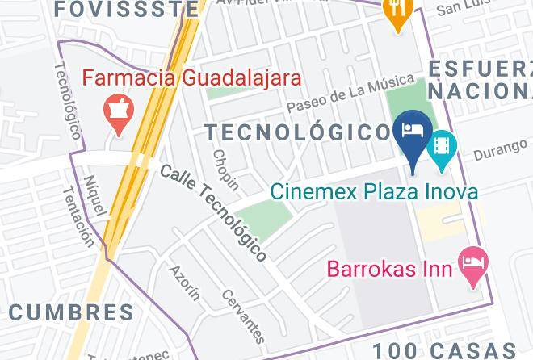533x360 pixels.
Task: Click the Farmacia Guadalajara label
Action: (193, 79)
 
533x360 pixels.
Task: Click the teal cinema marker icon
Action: (441, 145)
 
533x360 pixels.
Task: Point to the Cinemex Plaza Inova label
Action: (373, 191)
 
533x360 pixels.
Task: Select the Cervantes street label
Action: (242, 316)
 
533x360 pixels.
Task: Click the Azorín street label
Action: (184, 283)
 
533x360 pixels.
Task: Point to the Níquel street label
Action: (94, 195)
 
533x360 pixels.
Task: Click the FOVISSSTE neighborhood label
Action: (128, 10)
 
